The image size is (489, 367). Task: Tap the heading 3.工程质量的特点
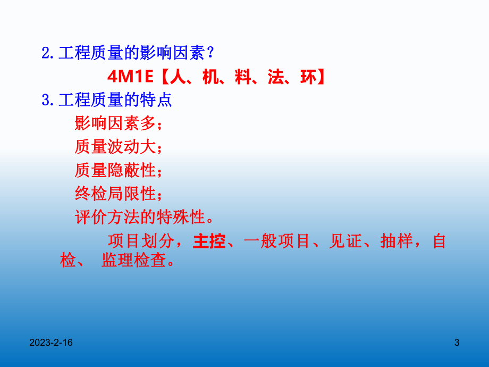106,100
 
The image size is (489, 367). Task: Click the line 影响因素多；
118,123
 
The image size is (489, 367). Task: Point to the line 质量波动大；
118,147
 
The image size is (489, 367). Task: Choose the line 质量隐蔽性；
118,170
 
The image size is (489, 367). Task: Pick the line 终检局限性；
118,194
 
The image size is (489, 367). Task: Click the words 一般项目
277,241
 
